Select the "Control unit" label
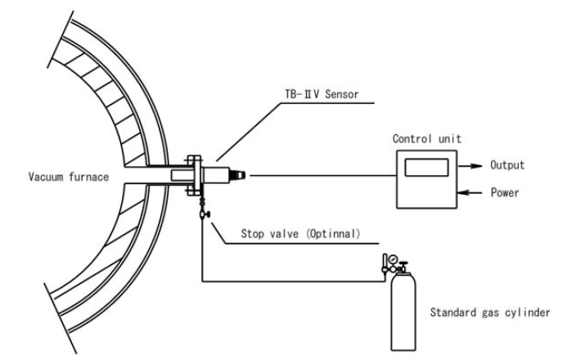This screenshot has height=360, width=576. [x=426, y=139]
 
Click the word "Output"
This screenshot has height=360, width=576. [x=507, y=165]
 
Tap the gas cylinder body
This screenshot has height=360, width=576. [x=401, y=315]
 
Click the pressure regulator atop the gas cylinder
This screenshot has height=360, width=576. [x=392, y=263]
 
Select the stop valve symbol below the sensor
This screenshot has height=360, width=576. [x=201, y=214]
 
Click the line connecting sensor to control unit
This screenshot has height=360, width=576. [x=319, y=174]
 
